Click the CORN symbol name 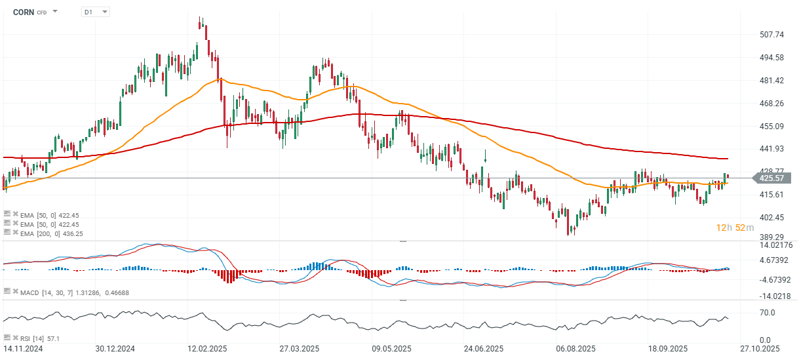point(23,12)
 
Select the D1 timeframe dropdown point(96,12)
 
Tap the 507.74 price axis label point(771,35)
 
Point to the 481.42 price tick point(771,81)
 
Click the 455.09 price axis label point(771,127)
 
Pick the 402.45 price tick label point(771,218)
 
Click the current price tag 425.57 point(771,178)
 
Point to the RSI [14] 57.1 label point(41,338)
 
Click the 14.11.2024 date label point(24,348)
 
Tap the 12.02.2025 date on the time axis point(207,348)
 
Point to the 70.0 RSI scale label point(768,313)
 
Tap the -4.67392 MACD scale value point(775,279)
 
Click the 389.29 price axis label point(771,237)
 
